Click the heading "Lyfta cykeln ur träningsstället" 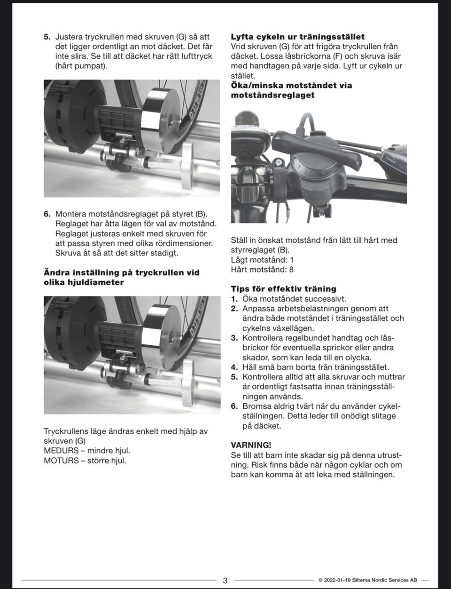click(x=297, y=37)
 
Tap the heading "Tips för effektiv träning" click(x=283, y=288)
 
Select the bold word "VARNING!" click(x=251, y=445)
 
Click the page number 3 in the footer click(x=225, y=580)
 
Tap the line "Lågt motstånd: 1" click(x=262, y=260)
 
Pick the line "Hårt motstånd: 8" click(x=262, y=270)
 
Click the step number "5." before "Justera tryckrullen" click(x=47, y=37)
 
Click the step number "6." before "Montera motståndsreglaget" click(x=47, y=214)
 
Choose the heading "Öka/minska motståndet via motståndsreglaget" click(x=291, y=90)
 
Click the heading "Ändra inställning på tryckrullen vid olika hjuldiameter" click(x=121, y=277)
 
